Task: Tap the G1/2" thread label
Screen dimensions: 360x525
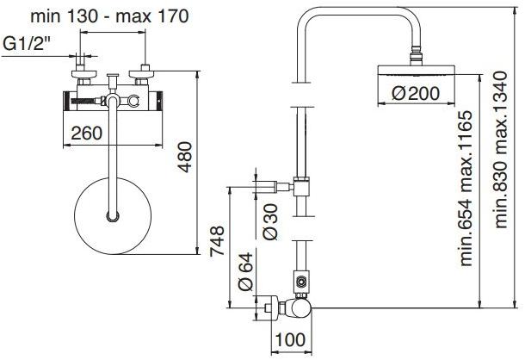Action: [28, 43]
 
